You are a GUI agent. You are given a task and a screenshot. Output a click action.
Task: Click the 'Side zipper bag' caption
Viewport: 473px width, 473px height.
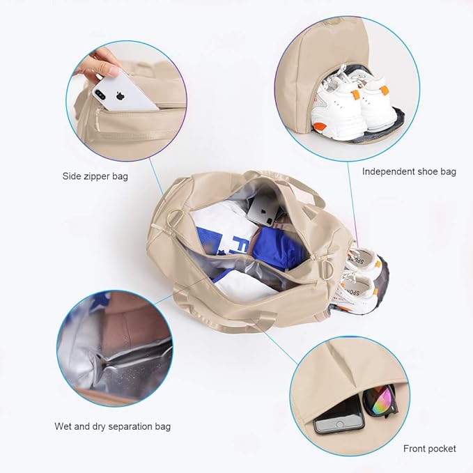pos(95,176)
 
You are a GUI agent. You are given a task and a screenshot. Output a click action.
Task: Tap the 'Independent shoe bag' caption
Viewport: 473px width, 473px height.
pos(409,171)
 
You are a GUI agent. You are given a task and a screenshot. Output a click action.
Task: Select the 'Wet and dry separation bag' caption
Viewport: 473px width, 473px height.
pos(112,426)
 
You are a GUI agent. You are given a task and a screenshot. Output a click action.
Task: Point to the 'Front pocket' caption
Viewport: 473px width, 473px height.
pos(429,448)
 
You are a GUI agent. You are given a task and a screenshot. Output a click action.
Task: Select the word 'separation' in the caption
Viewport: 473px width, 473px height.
pos(122,426)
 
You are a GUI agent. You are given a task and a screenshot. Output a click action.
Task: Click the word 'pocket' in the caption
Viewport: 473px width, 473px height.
pos(442,448)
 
